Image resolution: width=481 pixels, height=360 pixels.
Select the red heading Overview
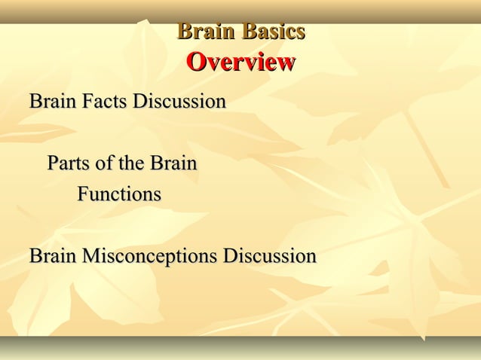click(x=240, y=62)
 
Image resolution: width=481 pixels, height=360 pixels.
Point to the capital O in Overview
click(x=195, y=62)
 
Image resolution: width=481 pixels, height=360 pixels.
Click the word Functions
click(x=119, y=194)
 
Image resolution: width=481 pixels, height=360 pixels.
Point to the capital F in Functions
click(x=83, y=194)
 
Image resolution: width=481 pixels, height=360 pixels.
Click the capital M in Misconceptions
click(x=90, y=256)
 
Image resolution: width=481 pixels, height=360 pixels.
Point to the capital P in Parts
click(x=53, y=163)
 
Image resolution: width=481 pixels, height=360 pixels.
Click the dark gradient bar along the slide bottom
click(x=240, y=347)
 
